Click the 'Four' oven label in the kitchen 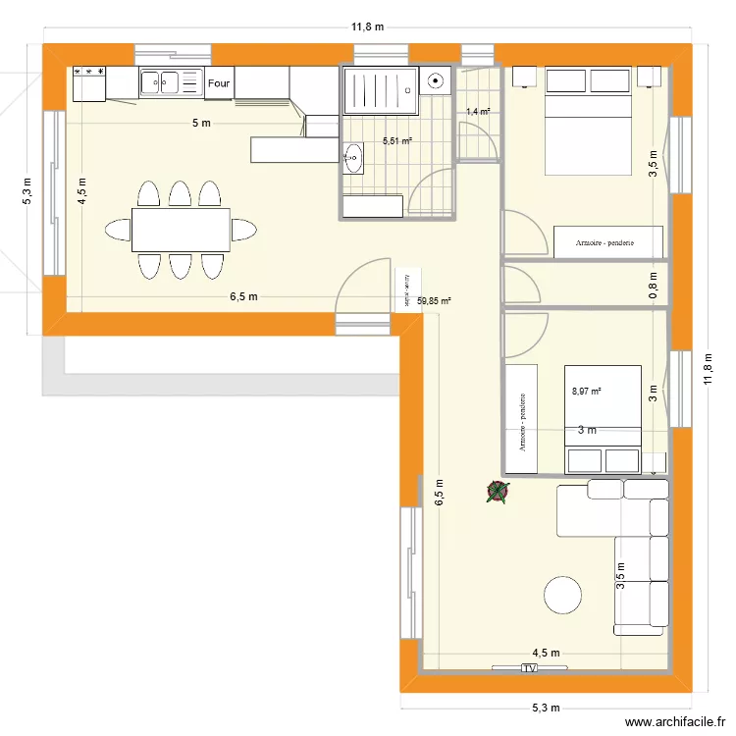click(218, 84)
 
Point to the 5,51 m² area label click(396, 141)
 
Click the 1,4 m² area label click(478, 112)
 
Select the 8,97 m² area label click(586, 392)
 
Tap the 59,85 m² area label click(434, 301)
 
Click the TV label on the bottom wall click(529, 669)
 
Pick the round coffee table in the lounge click(564, 596)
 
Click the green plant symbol click(498, 494)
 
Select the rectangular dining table click(181, 230)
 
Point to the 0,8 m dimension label click(654, 284)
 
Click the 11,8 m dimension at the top click(368, 28)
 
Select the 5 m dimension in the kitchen click(200, 123)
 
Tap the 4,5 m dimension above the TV click(546, 653)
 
